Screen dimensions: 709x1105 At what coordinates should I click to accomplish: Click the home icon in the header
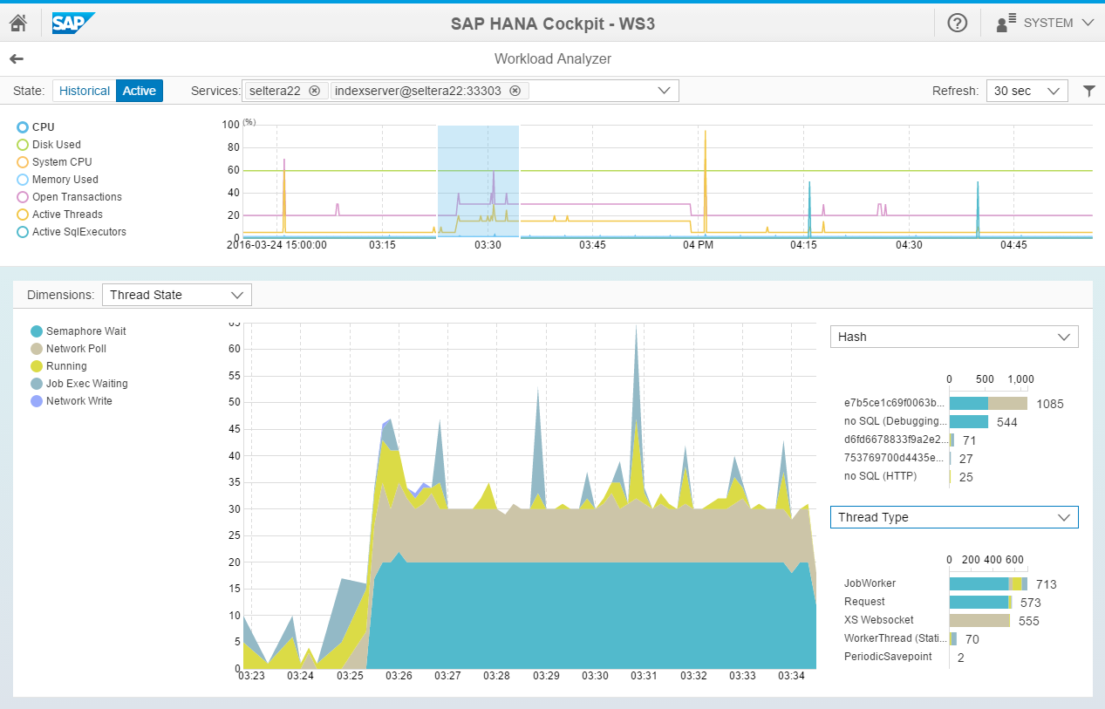[x=17, y=23]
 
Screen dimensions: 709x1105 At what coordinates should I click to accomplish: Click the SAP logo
[x=73, y=23]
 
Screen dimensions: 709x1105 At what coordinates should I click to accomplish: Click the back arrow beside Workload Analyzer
[x=17, y=59]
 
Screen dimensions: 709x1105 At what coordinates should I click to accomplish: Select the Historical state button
[x=85, y=91]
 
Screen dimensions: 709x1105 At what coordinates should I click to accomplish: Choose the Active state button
[x=140, y=91]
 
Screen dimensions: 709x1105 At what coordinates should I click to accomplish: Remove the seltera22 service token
[x=314, y=91]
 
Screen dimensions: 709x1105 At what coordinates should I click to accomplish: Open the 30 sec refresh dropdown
[x=1027, y=91]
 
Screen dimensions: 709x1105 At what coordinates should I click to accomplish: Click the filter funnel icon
[x=1088, y=91]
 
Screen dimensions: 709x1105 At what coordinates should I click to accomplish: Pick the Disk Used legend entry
[x=56, y=145]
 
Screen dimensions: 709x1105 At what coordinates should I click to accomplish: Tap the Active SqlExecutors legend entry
[x=78, y=232]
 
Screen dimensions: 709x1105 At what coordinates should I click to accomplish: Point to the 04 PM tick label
[x=699, y=245]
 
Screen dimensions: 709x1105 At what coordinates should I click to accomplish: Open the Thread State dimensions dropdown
[x=177, y=295]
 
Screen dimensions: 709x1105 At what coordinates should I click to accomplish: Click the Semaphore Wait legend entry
[x=85, y=331]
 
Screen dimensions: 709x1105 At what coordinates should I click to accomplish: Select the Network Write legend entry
[x=78, y=401]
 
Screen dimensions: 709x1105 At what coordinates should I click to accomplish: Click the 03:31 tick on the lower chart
[x=645, y=676]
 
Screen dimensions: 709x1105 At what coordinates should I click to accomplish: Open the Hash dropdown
[x=954, y=337]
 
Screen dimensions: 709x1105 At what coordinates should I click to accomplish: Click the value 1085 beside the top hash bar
[x=1050, y=404]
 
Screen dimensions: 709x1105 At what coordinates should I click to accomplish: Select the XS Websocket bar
[x=979, y=621]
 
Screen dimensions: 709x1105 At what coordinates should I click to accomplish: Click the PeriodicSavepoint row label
[x=888, y=657]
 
